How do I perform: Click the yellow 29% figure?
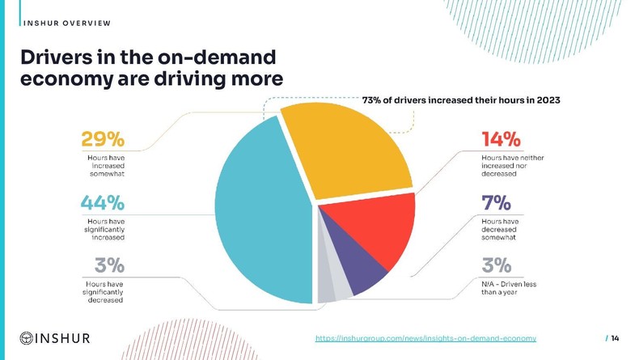tap(102, 139)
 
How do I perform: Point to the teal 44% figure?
tap(103, 203)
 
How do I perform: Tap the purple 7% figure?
tap(495, 203)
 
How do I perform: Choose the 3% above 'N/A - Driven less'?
tap(497, 265)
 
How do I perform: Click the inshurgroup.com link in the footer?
tap(425, 337)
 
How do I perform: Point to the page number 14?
tap(615, 337)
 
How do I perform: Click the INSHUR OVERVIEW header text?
tap(67, 22)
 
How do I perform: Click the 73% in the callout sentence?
tap(372, 100)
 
